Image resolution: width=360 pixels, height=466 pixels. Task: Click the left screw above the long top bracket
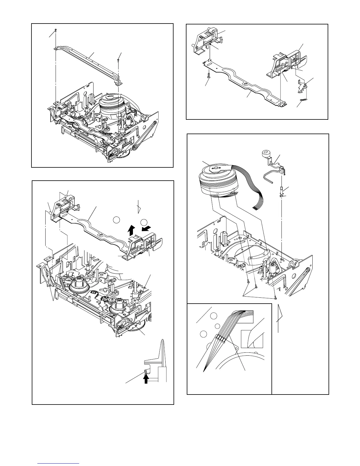coord(56,30)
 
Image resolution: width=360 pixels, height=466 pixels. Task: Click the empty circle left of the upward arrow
coord(116,219)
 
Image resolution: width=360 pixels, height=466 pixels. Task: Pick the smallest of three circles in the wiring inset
coord(217,326)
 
